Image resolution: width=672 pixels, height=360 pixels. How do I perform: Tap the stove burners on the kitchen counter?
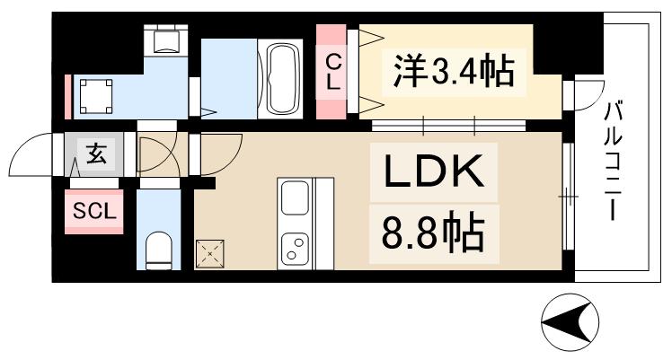coord(294,247)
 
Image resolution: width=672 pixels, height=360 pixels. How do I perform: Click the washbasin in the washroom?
coord(94,93)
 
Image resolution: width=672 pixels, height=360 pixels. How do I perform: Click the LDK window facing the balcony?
coord(568,193)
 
